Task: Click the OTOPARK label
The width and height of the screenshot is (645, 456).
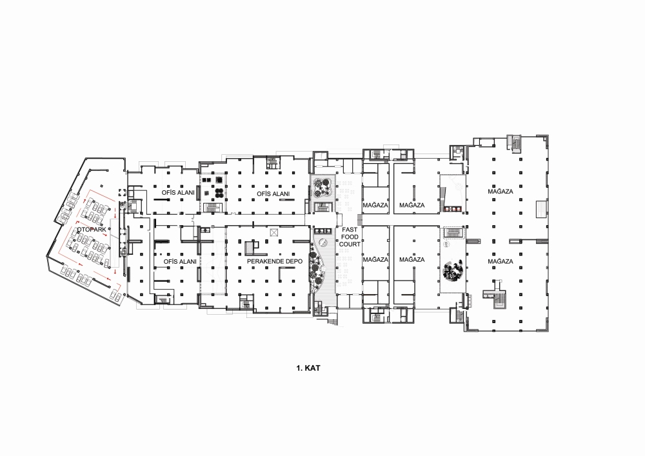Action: click(x=92, y=230)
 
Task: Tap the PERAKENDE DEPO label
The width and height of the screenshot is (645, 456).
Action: click(x=274, y=261)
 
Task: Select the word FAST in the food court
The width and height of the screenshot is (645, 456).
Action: click(x=350, y=230)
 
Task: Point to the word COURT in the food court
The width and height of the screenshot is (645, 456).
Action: click(x=350, y=244)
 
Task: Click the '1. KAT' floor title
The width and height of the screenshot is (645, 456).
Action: click(x=308, y=368)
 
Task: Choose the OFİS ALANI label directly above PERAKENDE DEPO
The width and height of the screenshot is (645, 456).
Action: click(x=273, y=193)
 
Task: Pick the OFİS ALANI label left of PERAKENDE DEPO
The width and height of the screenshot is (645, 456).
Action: click(x=180, y=261)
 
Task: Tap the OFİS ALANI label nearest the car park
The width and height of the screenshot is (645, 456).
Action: click(x=178, y=192)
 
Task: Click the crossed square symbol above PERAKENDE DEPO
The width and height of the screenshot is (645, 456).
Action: click(x=274, y=233)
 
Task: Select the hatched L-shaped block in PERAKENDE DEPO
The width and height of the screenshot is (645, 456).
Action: click(x=250, y=248)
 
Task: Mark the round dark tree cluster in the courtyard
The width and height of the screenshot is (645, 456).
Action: click(x=453, y=270)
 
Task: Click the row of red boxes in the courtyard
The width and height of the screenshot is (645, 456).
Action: click(x=453, y=210)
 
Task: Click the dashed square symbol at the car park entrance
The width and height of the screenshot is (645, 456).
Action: click(x=121, y=192)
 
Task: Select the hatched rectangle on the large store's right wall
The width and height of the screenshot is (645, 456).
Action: click(x=541, y=209)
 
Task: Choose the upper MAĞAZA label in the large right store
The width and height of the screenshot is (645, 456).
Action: click(x=501, y=192)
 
